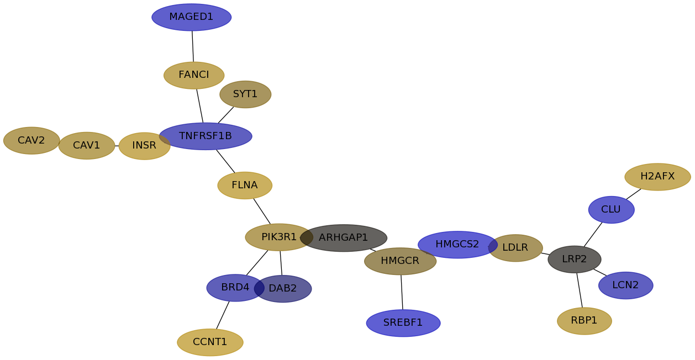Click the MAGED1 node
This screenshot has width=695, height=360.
[192, 17]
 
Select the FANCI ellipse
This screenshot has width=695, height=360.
[194, 75]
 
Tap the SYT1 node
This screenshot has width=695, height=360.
[245, 94]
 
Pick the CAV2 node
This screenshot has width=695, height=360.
[31, 140]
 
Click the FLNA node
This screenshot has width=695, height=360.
[245, 186]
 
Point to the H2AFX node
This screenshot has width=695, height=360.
[657, 177]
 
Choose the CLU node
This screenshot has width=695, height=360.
[611, 210]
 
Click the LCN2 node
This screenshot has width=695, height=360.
[625, 285]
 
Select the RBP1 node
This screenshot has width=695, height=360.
[585, 321]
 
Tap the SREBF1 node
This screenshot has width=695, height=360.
[403, 323]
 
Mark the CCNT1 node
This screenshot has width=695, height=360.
[210, 342]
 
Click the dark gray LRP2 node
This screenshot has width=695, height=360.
[575, 259]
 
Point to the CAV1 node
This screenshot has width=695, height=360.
[87, 146]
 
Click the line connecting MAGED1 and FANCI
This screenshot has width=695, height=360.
[193, 46]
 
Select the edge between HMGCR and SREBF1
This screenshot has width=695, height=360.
[402, 292]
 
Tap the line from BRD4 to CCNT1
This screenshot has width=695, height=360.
[223, 315]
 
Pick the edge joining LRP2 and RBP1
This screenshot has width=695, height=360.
[580, 290]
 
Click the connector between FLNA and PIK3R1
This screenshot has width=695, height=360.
[262, 211]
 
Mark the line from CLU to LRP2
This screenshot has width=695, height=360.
[593, 235]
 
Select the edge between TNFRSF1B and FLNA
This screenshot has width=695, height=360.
[225, 161]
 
